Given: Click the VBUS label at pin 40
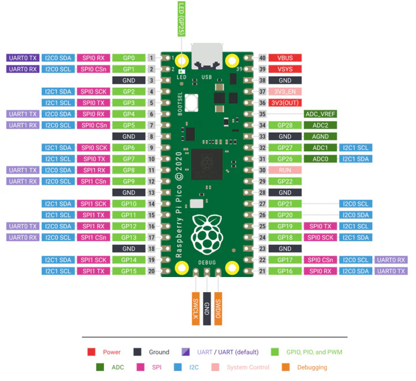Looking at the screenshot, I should click(285, 58).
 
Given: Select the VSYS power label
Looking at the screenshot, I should click(285, 69).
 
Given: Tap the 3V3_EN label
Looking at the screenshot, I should click(285, 91).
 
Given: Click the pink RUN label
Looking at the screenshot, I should click(285, 170).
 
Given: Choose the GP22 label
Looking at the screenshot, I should click(285, 181).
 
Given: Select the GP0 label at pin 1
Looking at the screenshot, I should click(128, 58).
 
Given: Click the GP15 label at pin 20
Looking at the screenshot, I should click(128, 271).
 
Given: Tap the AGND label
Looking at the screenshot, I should click(320, 136).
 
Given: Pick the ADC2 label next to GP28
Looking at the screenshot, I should click(320, 125).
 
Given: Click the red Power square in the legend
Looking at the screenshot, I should click(91, 352).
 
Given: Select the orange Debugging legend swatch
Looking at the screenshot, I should click(285, 367).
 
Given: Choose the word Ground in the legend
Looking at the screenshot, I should click(159, 352).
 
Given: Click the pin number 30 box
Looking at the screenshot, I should click(262, 170).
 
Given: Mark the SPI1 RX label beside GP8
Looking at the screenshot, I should click(93, 170).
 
